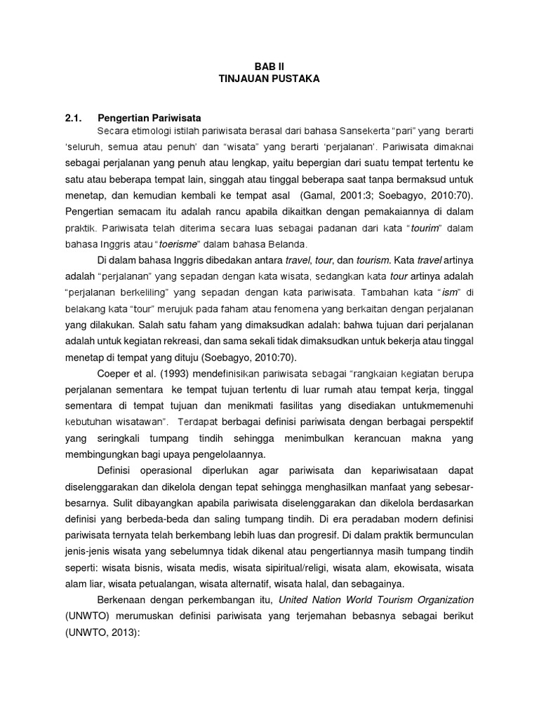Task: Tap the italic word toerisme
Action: [172, 244]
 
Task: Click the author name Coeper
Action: [115, 373]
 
